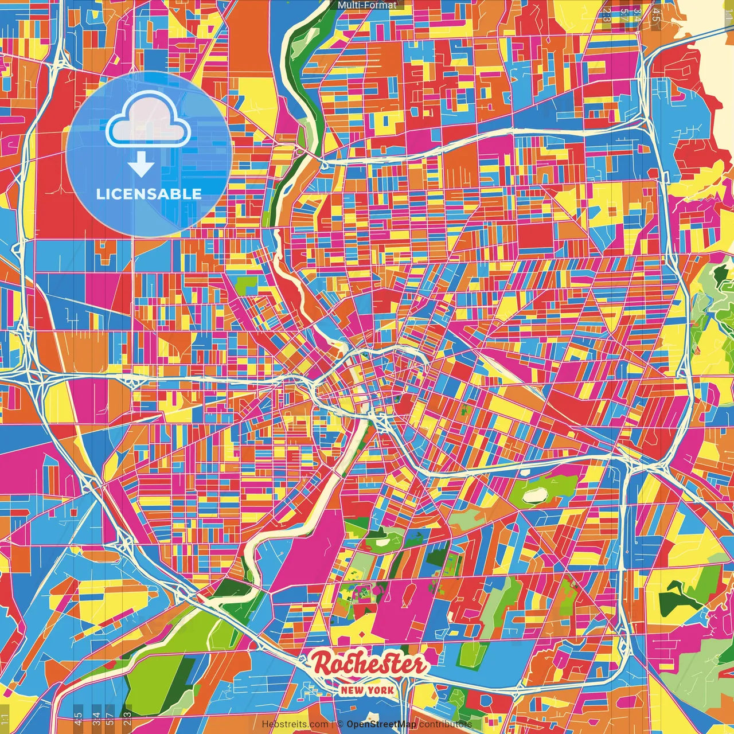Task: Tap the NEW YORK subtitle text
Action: point(368,690)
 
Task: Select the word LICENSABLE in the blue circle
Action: point(149,194)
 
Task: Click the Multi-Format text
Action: point(367,5)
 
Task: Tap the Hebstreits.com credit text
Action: point(295,724)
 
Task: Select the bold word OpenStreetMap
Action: point(381,724)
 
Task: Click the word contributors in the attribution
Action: point(446,724)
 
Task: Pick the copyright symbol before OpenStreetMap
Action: point(340,724)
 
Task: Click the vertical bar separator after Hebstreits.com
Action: point(333,724)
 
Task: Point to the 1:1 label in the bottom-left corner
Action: point(5,719)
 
